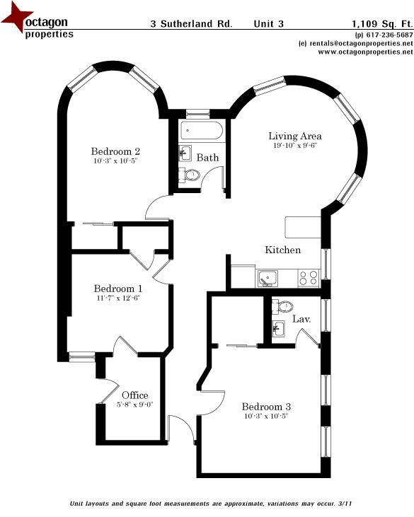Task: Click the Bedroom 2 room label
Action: click(x=116, y=151)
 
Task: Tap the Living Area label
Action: click(x=294, y=136)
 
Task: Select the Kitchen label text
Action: click(x=282, y=250)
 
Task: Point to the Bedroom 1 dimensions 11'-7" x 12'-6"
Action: click(x=118, y=299)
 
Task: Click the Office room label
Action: click(x=134, y=395)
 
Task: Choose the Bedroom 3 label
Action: click(x=265, y=407)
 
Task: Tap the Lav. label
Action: click(x=302, y=320)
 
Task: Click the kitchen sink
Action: click(x=268, y=278)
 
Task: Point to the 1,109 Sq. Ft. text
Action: click(x=382, y=23)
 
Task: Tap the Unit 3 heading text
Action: click(x=269, y=23)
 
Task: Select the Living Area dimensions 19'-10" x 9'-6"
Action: click(x=294, y=146)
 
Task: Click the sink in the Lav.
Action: click(x=278, y=328)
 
